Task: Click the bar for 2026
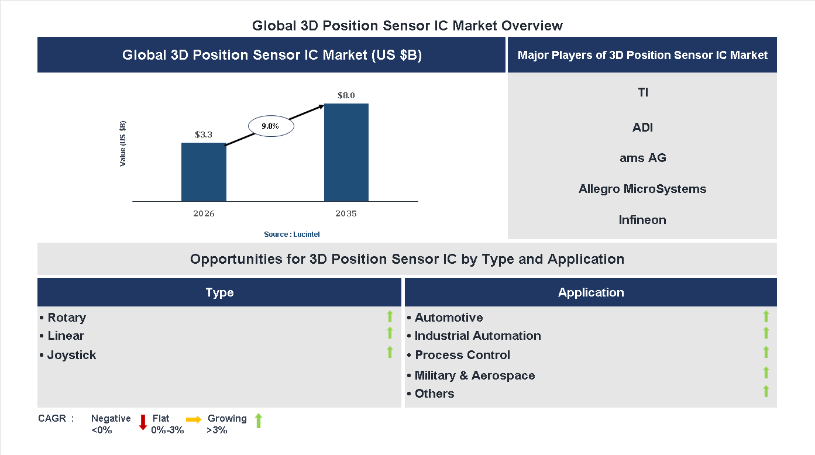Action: tap(204, 172)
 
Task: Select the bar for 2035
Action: tap(346, 153)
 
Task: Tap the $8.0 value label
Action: tap(346, 95)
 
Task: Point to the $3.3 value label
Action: tap(204, 135)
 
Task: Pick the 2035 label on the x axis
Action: tap(346, 213)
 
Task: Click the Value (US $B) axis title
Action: tap(123, 143)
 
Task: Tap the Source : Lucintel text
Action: tap(291, 235)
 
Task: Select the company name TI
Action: tap(642, 92)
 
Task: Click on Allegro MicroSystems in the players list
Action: tap(642, 189)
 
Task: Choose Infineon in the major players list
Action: tap(642, 220)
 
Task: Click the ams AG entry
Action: tap(642, 158)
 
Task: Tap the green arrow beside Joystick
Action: tap(390, 352)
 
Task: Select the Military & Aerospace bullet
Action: tap(471, 375)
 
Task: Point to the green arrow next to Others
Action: tap(766, 391)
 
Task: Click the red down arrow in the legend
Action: tap(143, 422)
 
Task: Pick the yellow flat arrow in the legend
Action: tap(194, 419)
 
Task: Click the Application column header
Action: tap(591, 292)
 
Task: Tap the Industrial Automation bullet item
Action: tap(474, 336)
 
